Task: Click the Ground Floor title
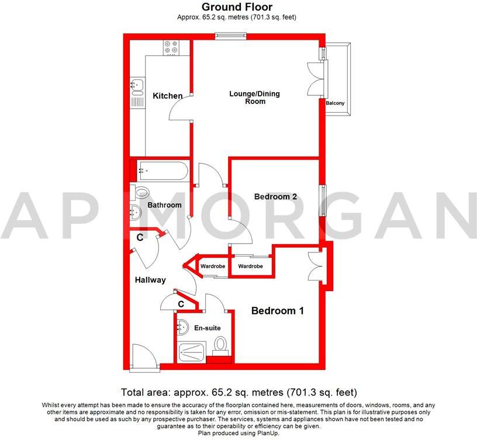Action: [x=237, y=7]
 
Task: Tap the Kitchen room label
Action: [x=168, y=96]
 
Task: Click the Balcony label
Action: [x=335, y=103]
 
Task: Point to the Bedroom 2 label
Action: [x=275, y=197]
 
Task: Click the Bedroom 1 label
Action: [x=277, y=311]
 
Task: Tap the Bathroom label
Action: [x=164, y=205]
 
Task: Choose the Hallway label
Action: [x=150, y=280]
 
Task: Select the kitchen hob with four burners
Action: [x=172, y=47]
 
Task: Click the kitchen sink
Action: [x=137, y=86]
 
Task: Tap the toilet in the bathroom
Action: [x=140, y=192]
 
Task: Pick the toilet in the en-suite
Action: [x=221, y=345]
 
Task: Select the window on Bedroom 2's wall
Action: [x=322, y=200]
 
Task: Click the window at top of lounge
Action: [x=230, y=36]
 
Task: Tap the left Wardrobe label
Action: [x=213, y=266]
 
